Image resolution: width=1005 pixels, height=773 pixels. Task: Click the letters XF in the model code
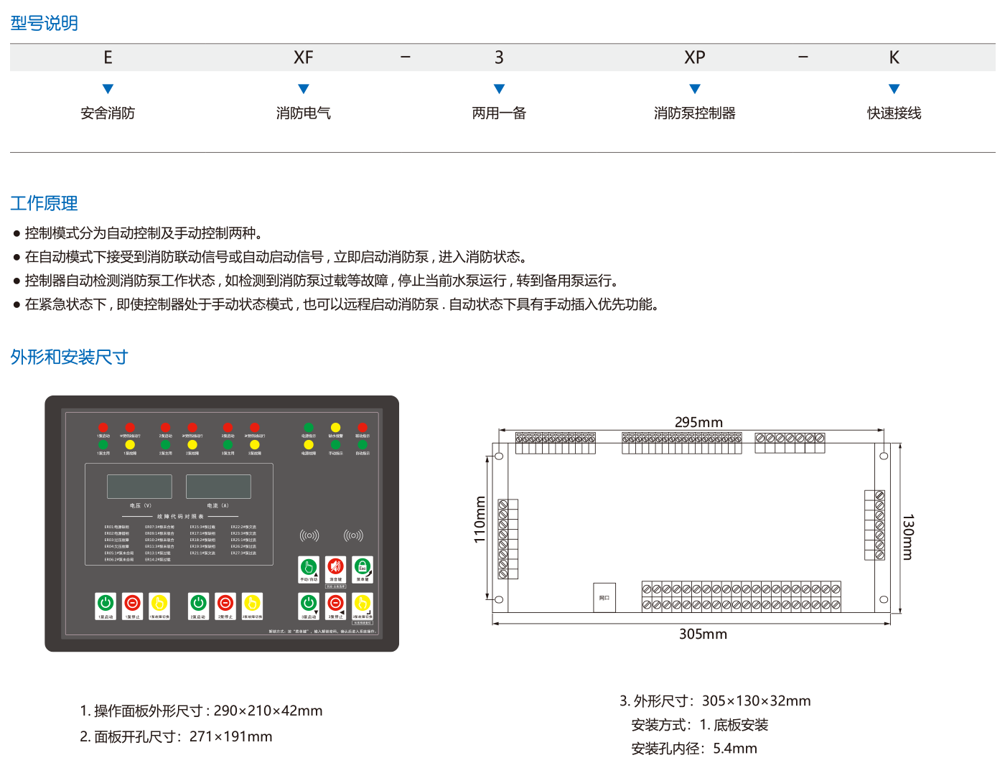click(x=304, y=57)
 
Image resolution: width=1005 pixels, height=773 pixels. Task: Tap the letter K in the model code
click(x=894, y=57)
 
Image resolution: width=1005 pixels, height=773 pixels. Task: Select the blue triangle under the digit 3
click(x=499, y=89)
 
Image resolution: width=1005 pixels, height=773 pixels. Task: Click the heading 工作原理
click(x=44, y=203)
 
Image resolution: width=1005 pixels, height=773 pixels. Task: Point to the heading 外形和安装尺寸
click(x=69, y=357)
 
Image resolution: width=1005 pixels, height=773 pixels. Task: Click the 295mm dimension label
click(x=698, y=422)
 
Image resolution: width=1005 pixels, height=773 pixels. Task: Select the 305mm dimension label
click(x=703, y=634)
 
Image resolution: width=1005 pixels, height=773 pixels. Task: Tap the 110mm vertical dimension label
click(x=480, y=520)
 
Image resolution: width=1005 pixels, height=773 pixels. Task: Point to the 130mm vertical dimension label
click(x=907, y=536)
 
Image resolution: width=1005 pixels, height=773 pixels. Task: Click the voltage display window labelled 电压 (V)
click(x=139, y=487)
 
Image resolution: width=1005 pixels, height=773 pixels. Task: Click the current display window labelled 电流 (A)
click(x=218, y=487)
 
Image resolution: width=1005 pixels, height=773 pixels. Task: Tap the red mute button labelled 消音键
click(x=335, y=567)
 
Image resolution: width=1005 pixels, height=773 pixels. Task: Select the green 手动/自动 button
click(x=309, y=567)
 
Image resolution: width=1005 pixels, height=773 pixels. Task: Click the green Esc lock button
click(x=363, y=567)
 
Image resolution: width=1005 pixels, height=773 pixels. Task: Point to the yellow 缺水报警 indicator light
click(x=335, y=428)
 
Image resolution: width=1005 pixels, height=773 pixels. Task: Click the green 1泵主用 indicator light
click(x=103, y=445)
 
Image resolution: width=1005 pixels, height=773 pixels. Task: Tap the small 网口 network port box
click(x=604, y=597)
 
